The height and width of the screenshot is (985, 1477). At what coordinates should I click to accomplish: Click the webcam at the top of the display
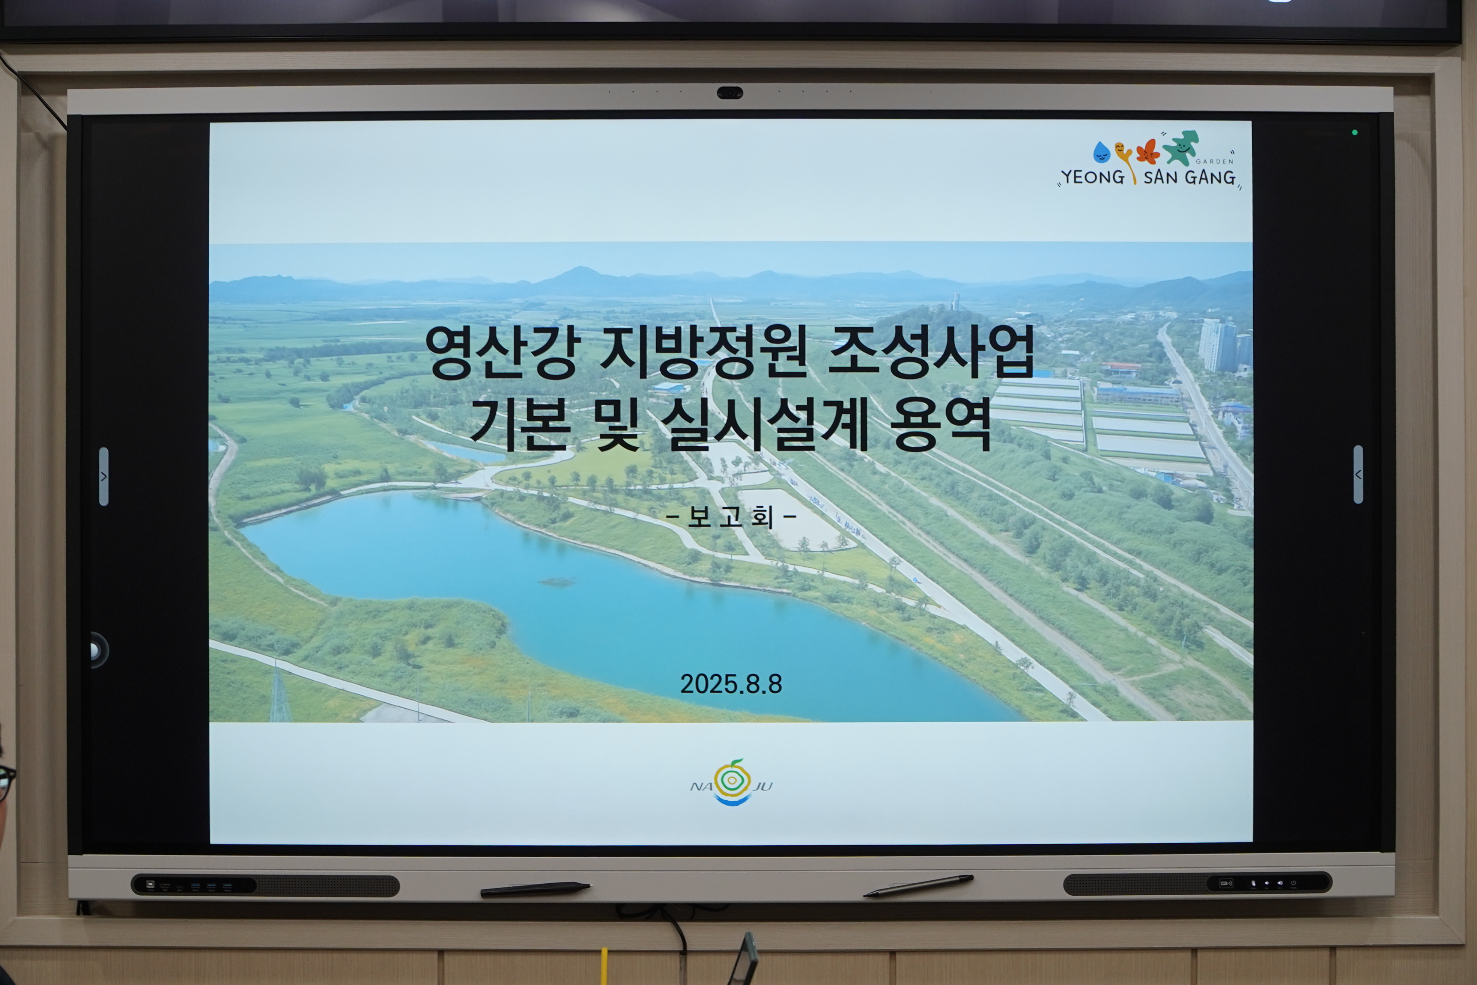point(730,93)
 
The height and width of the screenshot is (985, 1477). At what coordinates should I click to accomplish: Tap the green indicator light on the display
point(1355,133)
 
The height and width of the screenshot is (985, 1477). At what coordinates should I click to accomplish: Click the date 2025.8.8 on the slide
point(731,684)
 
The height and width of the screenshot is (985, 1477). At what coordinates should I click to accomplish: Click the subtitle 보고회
point(731,517)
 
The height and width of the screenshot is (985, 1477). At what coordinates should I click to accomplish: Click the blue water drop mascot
point(1101,152)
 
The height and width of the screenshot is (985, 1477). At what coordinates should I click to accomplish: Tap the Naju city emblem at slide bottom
point(732,782)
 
